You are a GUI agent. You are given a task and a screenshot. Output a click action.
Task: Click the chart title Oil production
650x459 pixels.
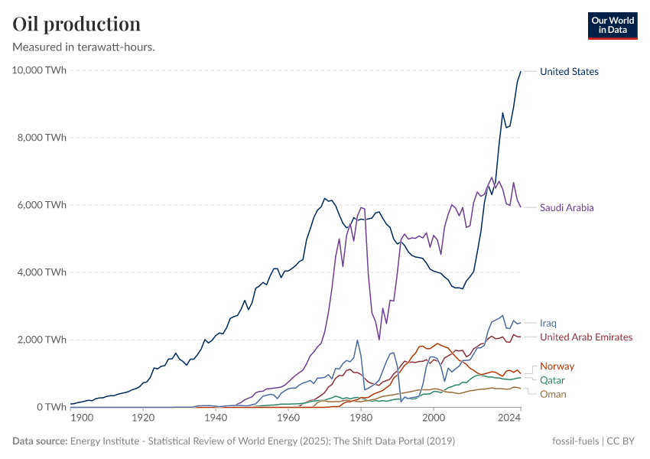tap(76, 24)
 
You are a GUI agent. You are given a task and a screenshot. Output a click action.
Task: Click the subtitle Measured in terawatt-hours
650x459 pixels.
tap(84, 47)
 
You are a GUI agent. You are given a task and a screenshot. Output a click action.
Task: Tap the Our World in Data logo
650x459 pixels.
tap(612, 25)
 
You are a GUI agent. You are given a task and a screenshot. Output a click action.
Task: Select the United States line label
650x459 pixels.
tap(569, 72)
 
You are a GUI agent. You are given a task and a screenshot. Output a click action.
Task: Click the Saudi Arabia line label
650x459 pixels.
tap(567, 207)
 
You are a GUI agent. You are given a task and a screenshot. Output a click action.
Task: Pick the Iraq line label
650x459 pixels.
tap(548, 324)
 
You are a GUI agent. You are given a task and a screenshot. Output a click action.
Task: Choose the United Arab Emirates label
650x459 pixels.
tap(586, 337)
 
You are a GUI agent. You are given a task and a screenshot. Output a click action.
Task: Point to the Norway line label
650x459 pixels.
tap(557, 366)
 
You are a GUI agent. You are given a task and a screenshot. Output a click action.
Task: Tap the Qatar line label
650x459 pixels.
tap(553, 380)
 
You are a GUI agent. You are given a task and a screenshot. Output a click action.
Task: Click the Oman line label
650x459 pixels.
tap(553, 395)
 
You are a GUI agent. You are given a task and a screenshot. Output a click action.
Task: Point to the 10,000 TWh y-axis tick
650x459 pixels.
tap(39, 70)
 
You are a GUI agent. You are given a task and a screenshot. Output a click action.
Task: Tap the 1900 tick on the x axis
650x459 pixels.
tap(81, 418)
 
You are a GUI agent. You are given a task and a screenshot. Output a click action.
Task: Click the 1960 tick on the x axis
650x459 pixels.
tap(288, 418)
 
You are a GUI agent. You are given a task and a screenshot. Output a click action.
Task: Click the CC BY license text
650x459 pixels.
tap(622, 441)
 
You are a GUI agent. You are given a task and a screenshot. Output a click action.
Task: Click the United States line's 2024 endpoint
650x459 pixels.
tap(521, 71)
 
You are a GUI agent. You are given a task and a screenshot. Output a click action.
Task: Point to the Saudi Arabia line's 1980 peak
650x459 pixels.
tap(362, 207)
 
